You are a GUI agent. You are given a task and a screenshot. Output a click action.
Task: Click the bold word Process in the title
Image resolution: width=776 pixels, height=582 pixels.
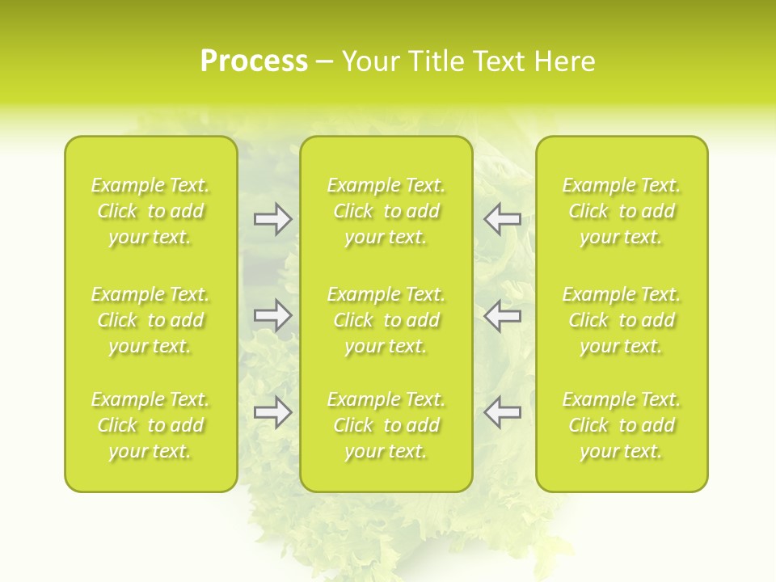[x=254, y=61]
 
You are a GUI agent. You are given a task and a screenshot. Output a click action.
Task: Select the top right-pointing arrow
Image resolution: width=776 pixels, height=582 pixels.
[x=272, y=219]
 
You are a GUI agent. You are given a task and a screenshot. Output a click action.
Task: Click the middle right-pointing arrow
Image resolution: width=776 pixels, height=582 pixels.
[x=272, y=315]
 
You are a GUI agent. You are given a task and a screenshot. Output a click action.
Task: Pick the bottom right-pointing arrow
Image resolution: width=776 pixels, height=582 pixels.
[x=272, y=412]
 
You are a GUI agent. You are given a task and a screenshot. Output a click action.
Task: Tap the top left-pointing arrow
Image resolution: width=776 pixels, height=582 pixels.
[x=502, y=219]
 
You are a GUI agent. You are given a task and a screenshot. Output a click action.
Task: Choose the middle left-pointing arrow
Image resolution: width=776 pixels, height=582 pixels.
[x=502, y=315]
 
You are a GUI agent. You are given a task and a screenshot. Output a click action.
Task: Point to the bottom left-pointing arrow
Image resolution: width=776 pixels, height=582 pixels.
[x=502, y=412]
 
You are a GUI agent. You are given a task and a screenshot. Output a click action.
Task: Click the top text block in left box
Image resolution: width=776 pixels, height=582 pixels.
[x=150, y=211]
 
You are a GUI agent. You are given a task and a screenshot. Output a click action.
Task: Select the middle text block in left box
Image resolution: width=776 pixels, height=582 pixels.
[x=150, y=320]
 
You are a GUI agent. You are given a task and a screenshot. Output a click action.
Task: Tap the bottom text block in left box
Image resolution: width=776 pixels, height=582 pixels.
[x=150, y=425]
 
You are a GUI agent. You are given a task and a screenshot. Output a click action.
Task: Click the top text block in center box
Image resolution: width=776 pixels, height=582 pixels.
[x=386, y=211]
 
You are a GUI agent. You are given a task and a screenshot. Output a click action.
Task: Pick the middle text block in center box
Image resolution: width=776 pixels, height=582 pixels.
[x=386, y=320]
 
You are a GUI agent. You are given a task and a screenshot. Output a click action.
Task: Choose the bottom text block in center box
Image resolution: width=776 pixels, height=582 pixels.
[x=386, y=425]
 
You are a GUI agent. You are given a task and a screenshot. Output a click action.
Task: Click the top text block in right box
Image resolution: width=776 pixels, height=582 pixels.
[x=621, y=211]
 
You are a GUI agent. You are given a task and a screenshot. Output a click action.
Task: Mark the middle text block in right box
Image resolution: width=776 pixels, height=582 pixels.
[x=621, y=320]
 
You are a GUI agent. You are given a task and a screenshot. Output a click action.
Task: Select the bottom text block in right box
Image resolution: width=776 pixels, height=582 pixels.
[x=621, y=425]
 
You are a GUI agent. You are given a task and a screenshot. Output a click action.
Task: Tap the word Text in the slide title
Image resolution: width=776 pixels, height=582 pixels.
[x=499, y=61]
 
